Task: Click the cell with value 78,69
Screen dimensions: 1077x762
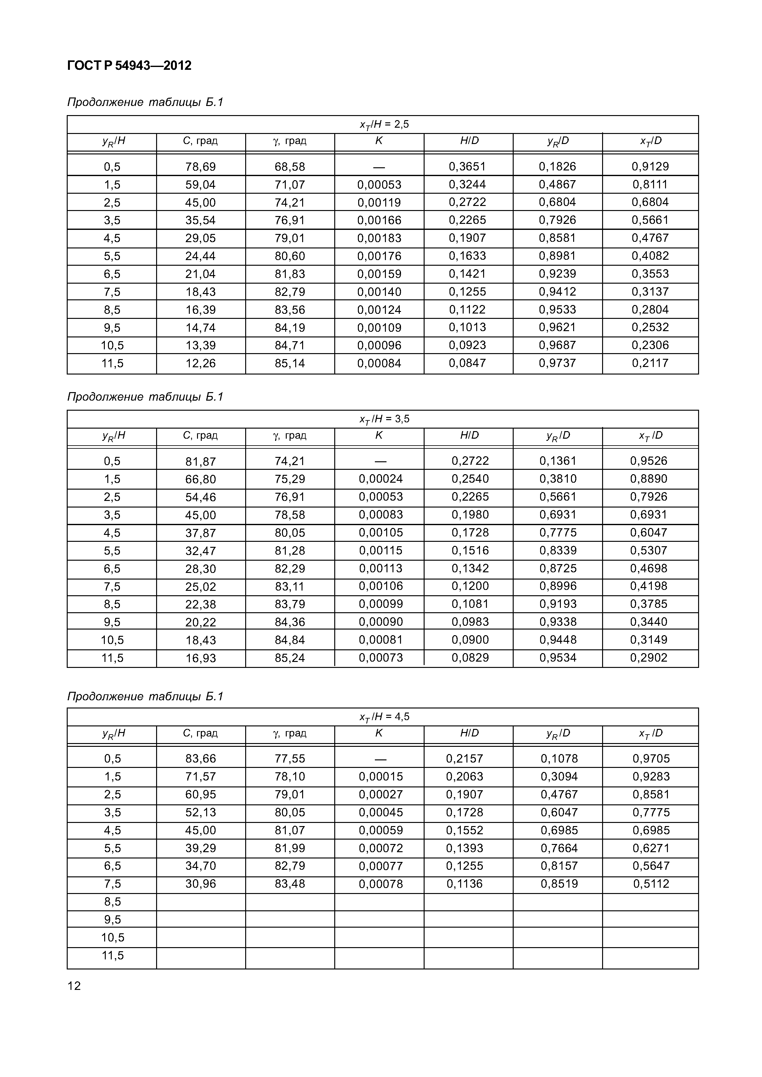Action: pyautogui.click(x=200, y=167)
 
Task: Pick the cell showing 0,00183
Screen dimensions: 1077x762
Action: pyautogui.click(x=379, y=238)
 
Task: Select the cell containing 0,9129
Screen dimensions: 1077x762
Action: pyautogui.click(x=650, y=167)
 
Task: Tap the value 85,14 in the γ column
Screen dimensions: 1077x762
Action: pyautogui.click(x=290, y=363)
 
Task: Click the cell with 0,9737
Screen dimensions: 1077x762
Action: pyautogui.click(x=557, y=363)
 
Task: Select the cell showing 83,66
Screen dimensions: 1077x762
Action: pyautogui.click(x=200, y=758)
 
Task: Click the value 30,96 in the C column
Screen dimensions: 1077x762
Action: pyautogui.click(x=200, y=884)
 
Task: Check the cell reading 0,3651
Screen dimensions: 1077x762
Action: pyautogui.click(x=467, y=167)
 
